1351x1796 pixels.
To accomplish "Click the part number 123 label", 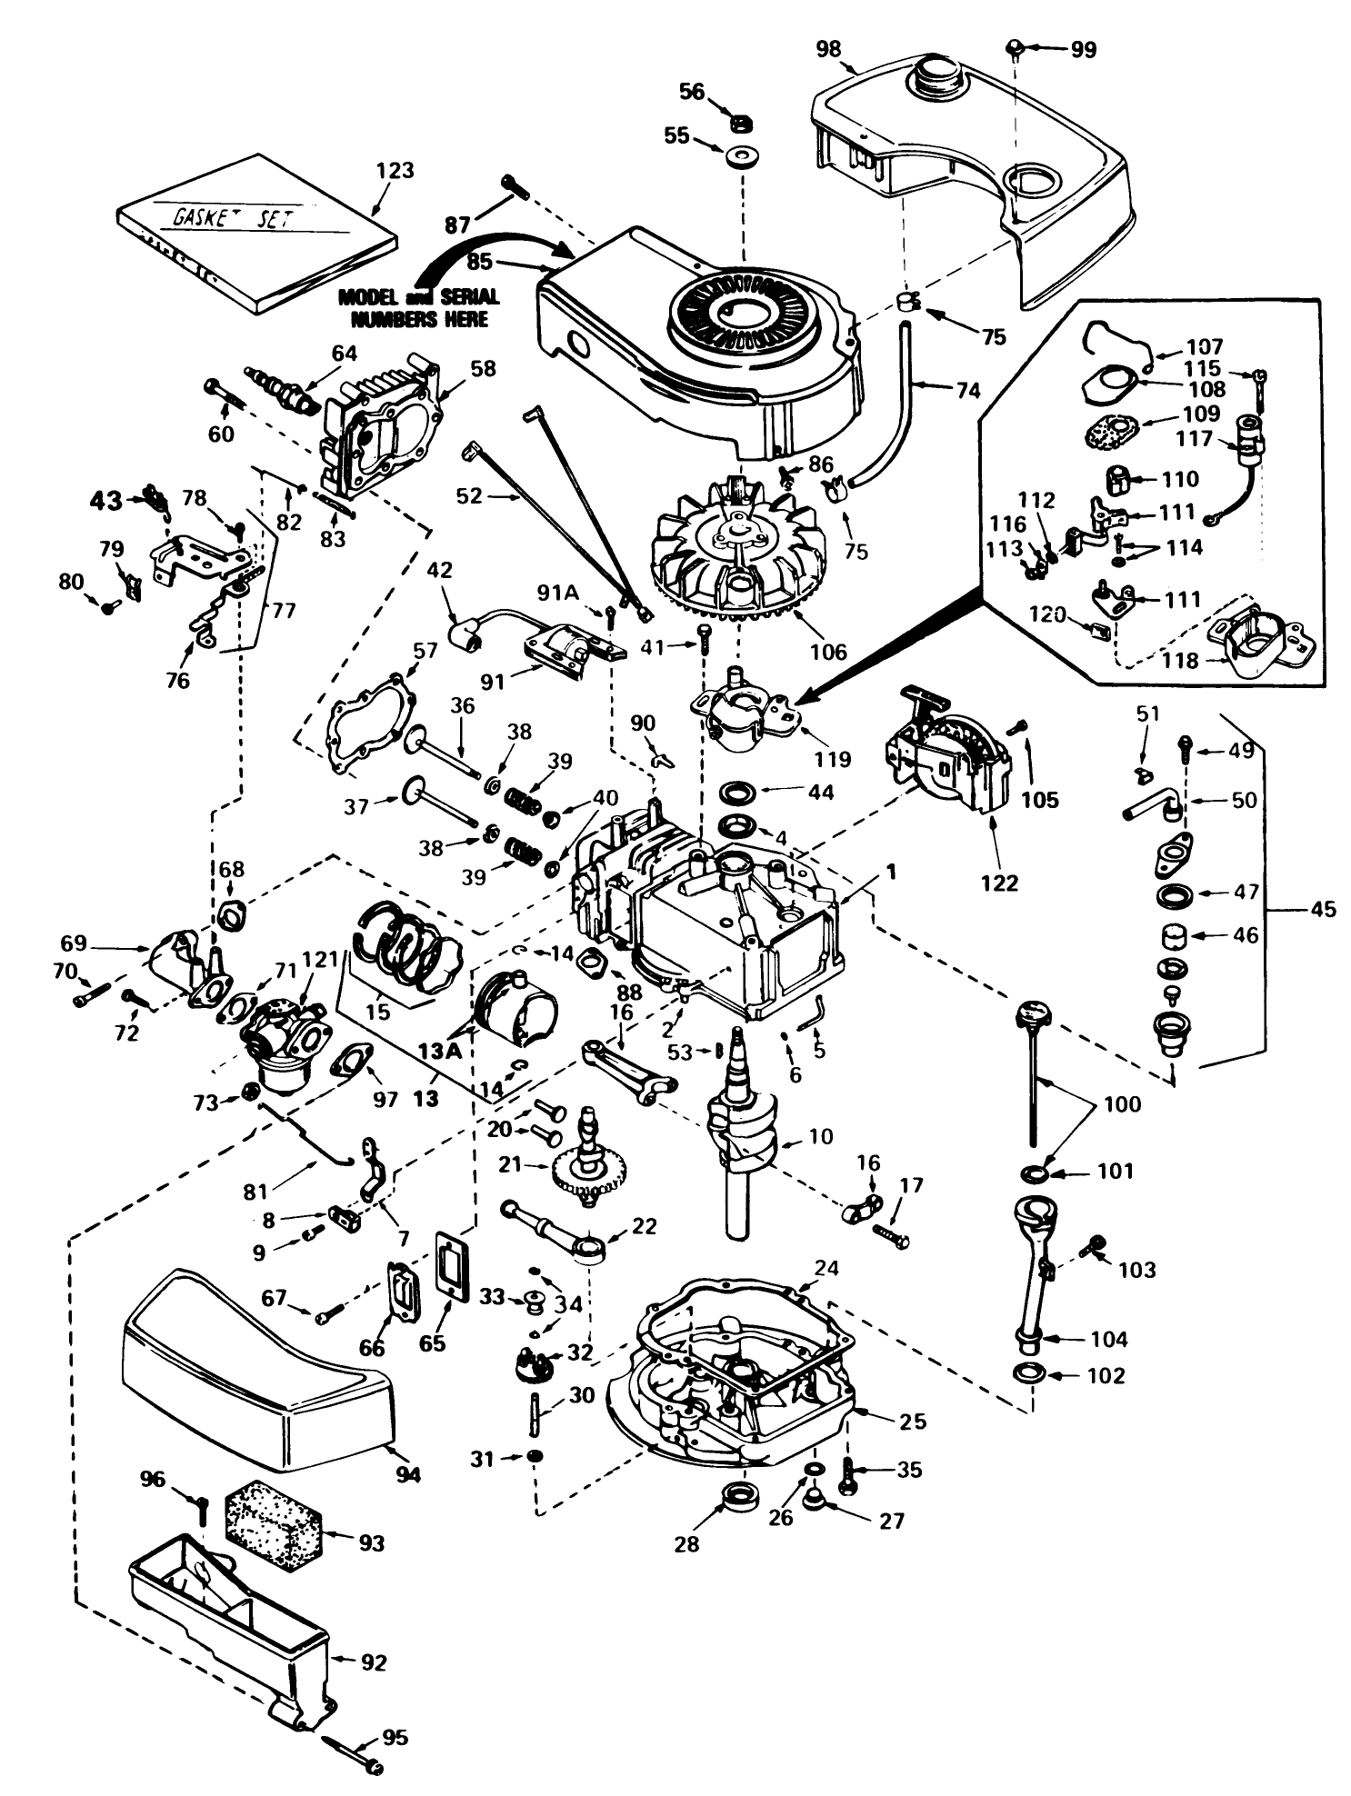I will pyautogui.click(x=395, y=170).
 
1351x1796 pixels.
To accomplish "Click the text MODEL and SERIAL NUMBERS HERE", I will pyautogui.click(x=419, y=307).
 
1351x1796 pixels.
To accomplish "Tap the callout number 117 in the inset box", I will pyautogui.click(x=1194, y=438).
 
